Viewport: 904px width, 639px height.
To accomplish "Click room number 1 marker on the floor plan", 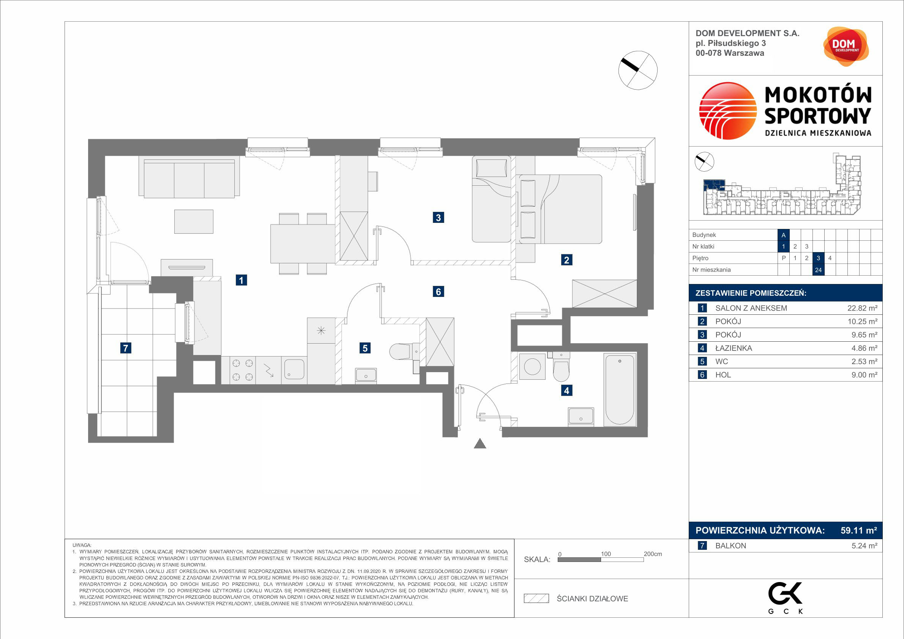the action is tap(241, 280).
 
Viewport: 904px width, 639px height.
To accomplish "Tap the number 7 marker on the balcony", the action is tap(126, 348).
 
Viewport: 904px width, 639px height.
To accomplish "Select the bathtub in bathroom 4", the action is tap(620, 390).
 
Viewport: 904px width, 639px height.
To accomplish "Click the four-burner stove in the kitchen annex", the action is tap(243, 370).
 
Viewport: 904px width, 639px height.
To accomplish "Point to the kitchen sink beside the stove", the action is tap(294, 370).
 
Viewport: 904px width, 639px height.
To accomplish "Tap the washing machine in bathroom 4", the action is tap(532, 366).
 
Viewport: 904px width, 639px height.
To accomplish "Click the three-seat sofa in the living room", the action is tap(189, 178).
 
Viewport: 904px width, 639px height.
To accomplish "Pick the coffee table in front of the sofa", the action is tap(194, 221).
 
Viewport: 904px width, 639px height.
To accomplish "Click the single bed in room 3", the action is tap(491, 199).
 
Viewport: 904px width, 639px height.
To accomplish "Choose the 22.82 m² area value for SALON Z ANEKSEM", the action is tap(862, 308).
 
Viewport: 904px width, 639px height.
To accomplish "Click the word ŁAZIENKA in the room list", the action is tap(734, 348).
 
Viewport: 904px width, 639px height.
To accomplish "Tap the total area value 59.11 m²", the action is tap(859, 530).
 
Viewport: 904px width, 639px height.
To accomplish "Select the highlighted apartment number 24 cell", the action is tap(818, 270).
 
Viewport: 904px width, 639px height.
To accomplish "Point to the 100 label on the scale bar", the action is tap(606, 554).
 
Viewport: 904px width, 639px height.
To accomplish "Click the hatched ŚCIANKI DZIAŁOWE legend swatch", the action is tap(536, 598).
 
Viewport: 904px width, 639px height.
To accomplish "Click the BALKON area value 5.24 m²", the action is tap(864, 546).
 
